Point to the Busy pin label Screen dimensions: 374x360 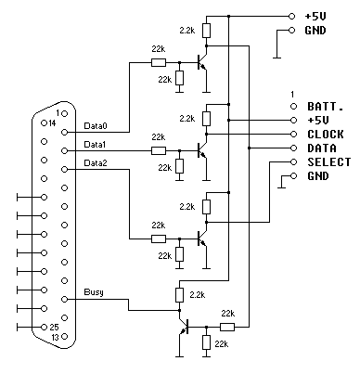93,292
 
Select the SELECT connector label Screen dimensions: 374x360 327,161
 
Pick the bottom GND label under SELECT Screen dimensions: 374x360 317,175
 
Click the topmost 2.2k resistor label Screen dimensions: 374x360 186,31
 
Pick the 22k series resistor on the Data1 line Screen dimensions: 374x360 159,148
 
